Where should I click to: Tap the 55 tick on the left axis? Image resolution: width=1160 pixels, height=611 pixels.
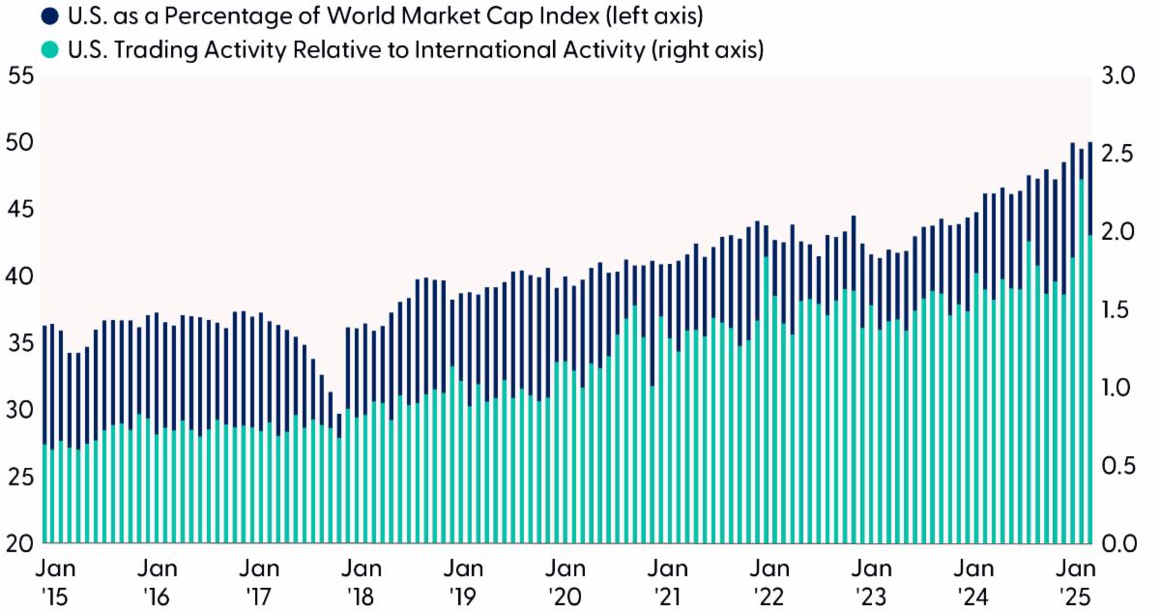click(x=19, y=75)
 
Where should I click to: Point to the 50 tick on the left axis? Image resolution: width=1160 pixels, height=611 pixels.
click(x=19, y=142)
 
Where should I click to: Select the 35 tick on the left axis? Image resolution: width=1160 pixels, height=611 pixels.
click(x=19, y=343)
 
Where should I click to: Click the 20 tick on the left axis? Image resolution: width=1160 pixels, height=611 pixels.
click(x=19, y=543)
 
